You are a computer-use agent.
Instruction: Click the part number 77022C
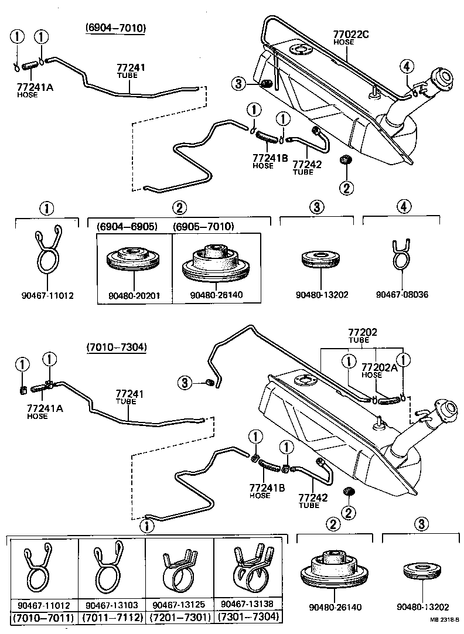click(351, 35)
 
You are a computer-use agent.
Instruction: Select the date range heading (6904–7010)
click(115, 28)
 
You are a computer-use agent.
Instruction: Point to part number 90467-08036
click(401, 294)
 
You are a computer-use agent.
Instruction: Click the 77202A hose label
click(380, 368)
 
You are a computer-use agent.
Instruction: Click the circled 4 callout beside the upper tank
click(407, 66)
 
